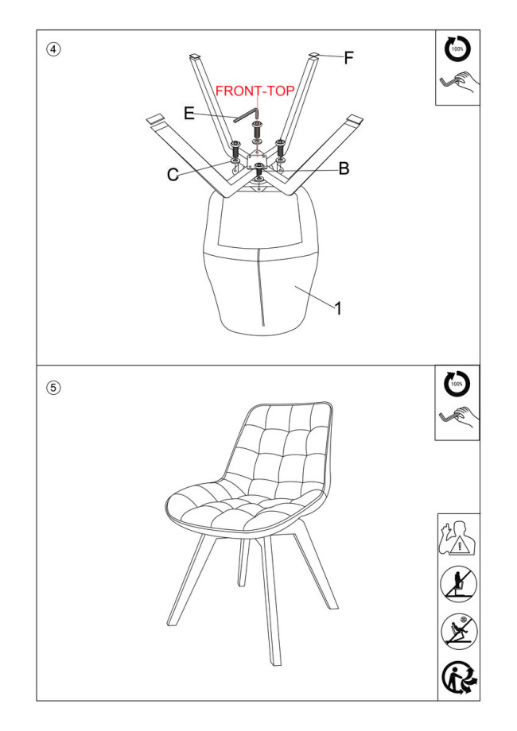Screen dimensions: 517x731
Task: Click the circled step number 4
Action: pyautogui.click(x=53, y=49)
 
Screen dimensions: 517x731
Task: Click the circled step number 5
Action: pyautogui.click(x=53, y=388)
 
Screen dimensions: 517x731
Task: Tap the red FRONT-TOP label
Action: pyautogui.click(x=255, y=91)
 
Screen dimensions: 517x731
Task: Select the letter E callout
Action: pyautogui.click(x=189, y=114)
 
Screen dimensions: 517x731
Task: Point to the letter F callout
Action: pyautogui.click(x=349, y=58)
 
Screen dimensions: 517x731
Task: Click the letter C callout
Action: pyautogui.click(x=173, y=175)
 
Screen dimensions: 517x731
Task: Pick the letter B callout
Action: pyautogui.click(x=344, y=168)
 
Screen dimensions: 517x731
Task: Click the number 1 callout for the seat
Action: pyautogui.click(x=338, y=308)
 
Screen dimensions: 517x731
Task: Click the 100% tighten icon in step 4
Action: pyautogui.click(x=457, y=49)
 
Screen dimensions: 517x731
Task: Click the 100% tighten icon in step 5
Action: pyautogui.click(x=457, y=384)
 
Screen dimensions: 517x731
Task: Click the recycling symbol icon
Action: pyautogui.click(x=460, y=678)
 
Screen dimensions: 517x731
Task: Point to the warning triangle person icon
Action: pyautogui.click(x=459, y=537)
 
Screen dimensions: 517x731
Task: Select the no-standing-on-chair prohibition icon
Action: pyautogui.click(x=459, y=584)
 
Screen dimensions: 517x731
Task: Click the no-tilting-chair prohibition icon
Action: pyautogui.click(x=459, y=631)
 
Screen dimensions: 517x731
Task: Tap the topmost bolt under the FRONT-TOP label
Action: pyautogui.click(x=256, y=127)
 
